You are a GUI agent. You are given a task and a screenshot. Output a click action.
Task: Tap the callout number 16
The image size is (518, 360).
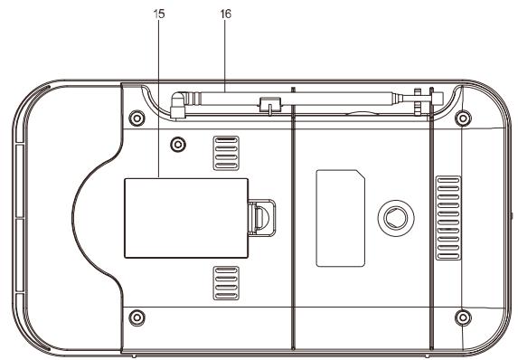[224, 16]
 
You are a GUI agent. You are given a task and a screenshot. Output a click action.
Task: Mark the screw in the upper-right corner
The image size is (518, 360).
[463, 118]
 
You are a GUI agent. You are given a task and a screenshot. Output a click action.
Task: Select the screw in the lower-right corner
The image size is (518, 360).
[463, 317]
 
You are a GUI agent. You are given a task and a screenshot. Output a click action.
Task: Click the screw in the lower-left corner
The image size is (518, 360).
[137, 316]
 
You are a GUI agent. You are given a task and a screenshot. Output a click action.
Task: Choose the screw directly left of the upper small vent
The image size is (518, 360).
[178, 141]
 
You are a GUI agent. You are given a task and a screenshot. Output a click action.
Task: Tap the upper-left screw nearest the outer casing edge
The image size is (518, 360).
[137, 118]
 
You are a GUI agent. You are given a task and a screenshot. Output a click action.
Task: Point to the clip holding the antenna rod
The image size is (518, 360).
[267, 104]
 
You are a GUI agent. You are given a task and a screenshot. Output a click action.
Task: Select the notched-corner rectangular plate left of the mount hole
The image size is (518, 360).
[339, 217]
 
